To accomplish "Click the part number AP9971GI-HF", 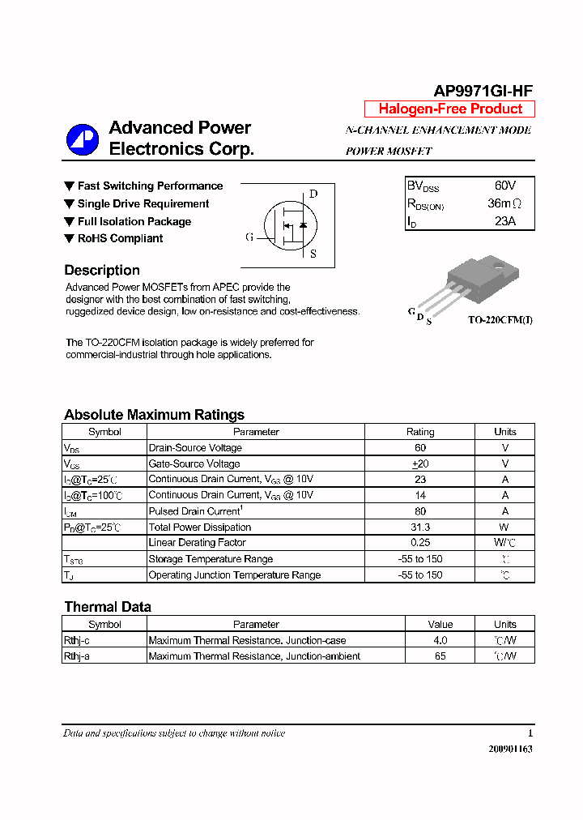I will (x=483, y=92).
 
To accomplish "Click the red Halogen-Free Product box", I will (x=450, y=109).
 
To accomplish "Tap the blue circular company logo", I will (x=83, y=139).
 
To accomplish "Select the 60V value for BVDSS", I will (x=504, y=186).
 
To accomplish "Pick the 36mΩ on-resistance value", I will (x=504, y=203).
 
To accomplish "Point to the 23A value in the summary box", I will (x=504, y=221).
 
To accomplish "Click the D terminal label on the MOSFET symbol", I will (x=313, y=194).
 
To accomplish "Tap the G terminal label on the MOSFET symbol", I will (x=249, y=237).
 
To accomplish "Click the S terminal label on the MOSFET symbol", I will (x=313, y=254).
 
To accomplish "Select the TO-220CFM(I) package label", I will (x=500, y=320).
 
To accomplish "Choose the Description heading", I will (x=102, y=271).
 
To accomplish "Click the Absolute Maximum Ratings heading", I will (x=154, y=415).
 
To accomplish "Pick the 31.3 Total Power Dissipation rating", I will (x=420, y=527).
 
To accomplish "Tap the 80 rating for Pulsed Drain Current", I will (x=420, y=511).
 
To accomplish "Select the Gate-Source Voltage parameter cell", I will (x=194, y=464).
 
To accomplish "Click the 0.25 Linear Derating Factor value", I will (x=420, y=543).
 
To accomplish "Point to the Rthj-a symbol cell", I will (x=77, y=656).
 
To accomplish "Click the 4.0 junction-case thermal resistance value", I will (x=440, y=640).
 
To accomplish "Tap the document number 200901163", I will (x=510, y=749).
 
